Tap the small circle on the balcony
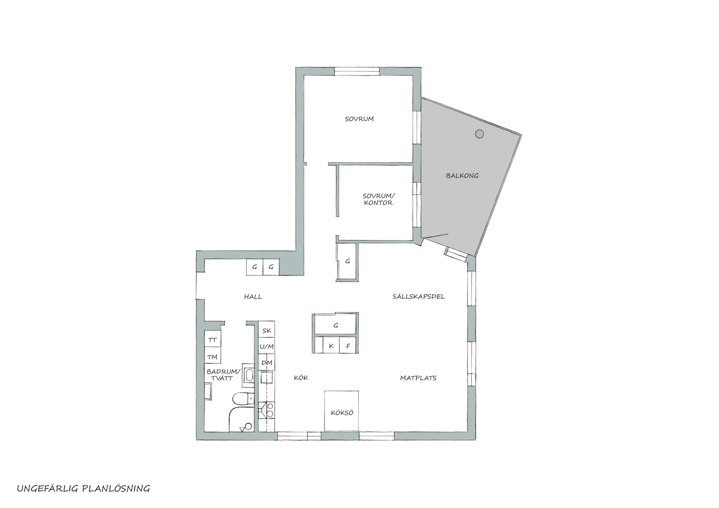pos(480,134)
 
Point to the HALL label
pos(253,297)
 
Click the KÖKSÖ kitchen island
pos(342,411)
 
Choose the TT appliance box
pos(213,340)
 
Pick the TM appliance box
pos(213,356)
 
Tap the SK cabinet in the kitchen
pos(267,330)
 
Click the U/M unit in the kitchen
pos(267,347)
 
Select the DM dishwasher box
pos(267,363)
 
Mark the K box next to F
pos(331,345)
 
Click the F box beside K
pos(348,345)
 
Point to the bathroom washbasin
pos(249,375)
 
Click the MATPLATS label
pos(418,378)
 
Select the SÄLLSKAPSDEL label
pos(418,297)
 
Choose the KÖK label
pos(301,378)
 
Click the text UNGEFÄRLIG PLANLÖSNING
pos(84,489)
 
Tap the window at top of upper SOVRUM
pos(357,71)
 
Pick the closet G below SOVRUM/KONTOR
pos(348,261)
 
